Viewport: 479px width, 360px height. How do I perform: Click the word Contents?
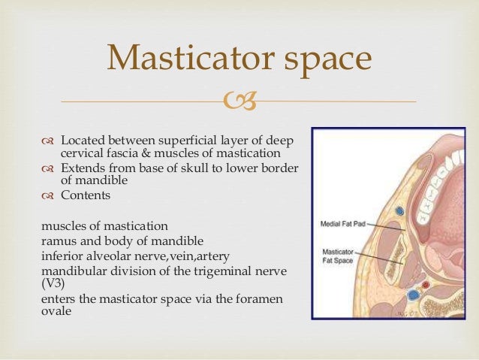point(86,195)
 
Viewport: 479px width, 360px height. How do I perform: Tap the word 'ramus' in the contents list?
point(59,241)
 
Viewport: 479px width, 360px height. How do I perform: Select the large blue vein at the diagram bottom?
point(412,295)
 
